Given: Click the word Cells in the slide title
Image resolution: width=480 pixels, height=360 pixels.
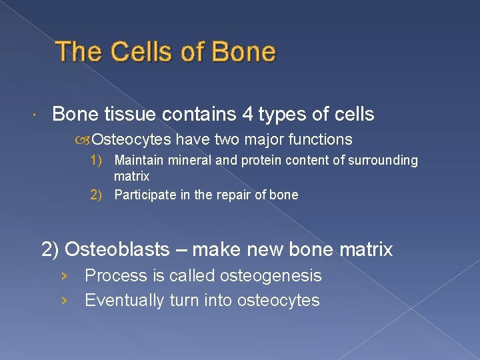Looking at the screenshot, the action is coord(133,52).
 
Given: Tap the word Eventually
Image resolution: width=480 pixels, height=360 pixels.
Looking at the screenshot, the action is coord(125,301).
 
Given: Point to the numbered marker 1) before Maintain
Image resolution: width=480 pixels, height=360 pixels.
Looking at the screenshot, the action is coord(96,161).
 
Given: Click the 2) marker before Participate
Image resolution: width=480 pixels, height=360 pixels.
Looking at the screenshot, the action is coord(96,195).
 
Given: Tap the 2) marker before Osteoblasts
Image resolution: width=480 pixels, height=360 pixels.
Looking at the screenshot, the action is coord(51,250).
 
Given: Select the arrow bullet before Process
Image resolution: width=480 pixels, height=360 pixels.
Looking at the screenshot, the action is coord(63,276).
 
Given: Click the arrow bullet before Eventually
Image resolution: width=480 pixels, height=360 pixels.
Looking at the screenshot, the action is coord(63,301).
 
